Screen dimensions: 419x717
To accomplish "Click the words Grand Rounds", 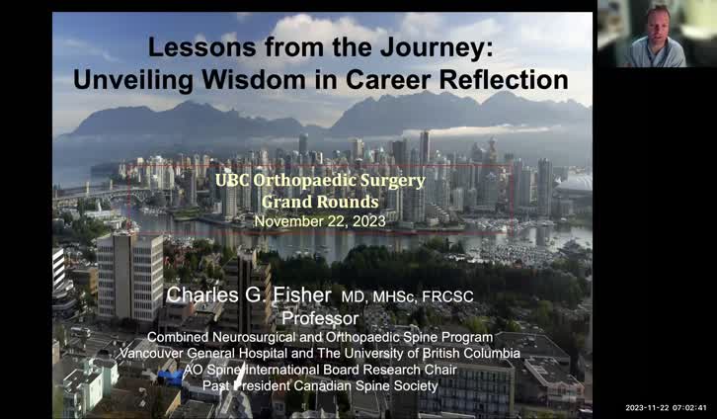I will pos(320,202).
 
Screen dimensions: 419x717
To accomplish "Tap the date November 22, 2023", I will pos(320,221).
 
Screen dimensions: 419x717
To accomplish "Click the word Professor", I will pos(320,318).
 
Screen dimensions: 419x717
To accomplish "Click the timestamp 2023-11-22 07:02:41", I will pos(666,407).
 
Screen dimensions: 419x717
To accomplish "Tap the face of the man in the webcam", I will pos(659,20).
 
